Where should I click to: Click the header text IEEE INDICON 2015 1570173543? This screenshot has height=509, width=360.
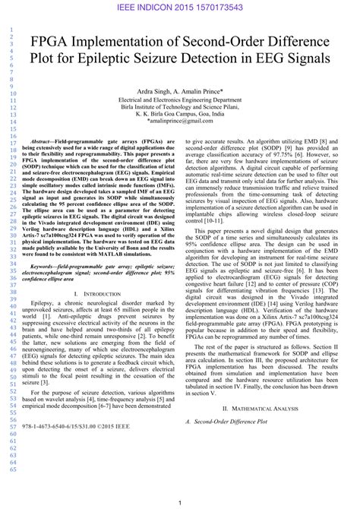click(180, 7)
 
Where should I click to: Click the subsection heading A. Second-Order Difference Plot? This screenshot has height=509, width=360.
click(226, 420)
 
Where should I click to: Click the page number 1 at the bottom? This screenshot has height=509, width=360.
click(180, 503)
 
